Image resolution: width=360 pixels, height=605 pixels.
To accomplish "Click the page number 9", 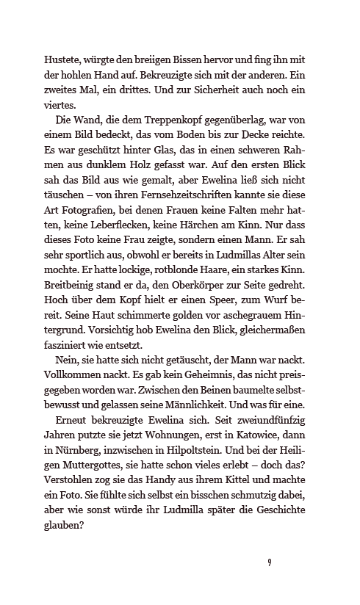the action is (x=270, y=562).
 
